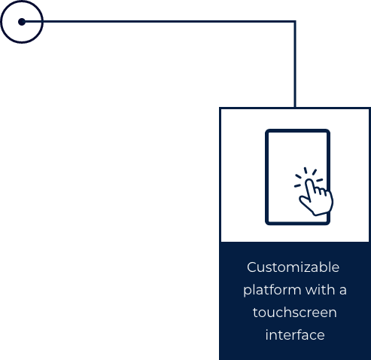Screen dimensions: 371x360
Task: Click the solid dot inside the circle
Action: pyautogui.click(x=22, y=22)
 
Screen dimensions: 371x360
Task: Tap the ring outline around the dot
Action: pyautogui.click(x=22, y=2)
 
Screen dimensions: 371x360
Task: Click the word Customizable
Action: pyautogui.click(x=293, y=267)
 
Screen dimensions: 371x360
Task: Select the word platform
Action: pyautogui.click(x=272, y=290)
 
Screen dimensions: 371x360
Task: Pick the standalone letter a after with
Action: pyautogui.click(x=343, y=291)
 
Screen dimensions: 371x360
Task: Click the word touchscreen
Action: pyautogui.click(x=294, y=313)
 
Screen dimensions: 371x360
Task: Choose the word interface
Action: pyautogui.click(x=295, y=335)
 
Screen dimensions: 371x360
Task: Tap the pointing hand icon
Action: pyautogui.click(x=316, y=197)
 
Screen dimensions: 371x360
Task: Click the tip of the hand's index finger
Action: pyautogui.click(x=309, y=180)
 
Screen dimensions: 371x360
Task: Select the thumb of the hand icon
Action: pyautogui.click(x=304, y=201)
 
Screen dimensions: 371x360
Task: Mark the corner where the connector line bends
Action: pyautogui.click(x=295, y=22)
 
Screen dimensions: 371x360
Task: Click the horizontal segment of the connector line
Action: pyautogui.click(x=159, y=22)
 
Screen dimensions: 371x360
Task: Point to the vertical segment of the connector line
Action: pyautogui.click(x=295, y=65)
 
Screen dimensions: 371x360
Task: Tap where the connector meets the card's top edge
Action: pyautogui.click(x=295, y=108)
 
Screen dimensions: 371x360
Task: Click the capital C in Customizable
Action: pyautogui.click(x=252, y=267)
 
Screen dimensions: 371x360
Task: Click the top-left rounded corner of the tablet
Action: pyautogui.click(x=268, y=132)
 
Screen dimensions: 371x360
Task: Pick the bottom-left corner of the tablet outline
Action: pyautogui.click(x=268, y=222)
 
